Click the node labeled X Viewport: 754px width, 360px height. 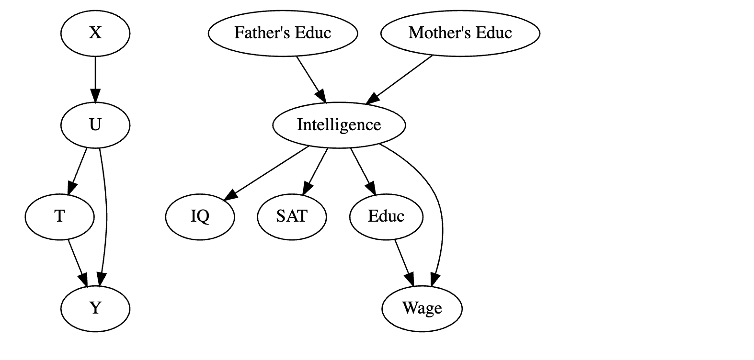point(95,33)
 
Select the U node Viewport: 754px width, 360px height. point(95,125)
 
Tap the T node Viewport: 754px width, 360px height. point(60,216)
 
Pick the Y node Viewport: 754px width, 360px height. point(95,308)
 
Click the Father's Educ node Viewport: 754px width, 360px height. point(283,33)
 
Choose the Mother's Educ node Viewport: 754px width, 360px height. point(460,33)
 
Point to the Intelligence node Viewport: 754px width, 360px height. point(339,125)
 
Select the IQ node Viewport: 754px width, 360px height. point(200,216)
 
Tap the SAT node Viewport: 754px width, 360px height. point(292,216)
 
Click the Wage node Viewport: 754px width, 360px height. point(422,308)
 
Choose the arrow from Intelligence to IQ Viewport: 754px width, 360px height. point(268,171)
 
